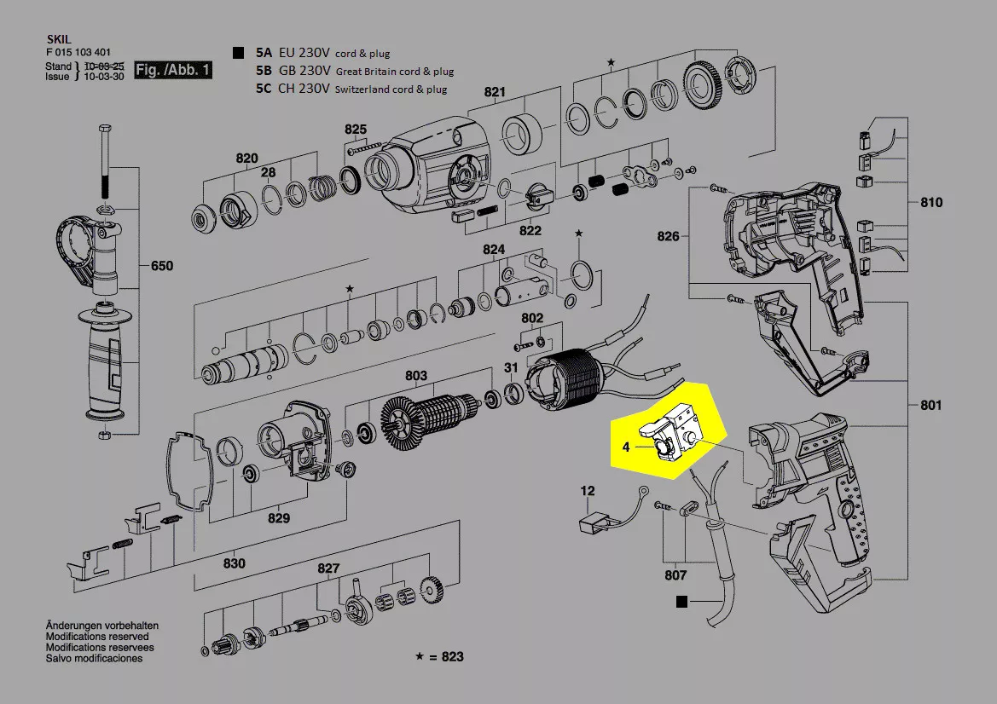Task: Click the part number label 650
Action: pyautogui.click(x=162, y=266)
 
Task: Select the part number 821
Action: pyautogui.click(x=495, y=92)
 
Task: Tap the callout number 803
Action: pyautogui.click(x=416, y=376)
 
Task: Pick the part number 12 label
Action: pyautogui.click(x=588, y=491)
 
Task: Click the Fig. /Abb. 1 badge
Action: pyautogui.click(x=173, y=70)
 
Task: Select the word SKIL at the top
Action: pyautogui.click(x=57, y=39)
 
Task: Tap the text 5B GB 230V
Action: pyautogui.click(x=295, y=71)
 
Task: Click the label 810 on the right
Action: pyautogui.click(x=931, y=203)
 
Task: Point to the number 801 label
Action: pyautogui.click(x=931, y=405)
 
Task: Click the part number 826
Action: pyautogui.click(x=669, y=236)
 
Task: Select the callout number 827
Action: pyautogui.click(x=329, y=568)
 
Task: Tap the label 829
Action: pyautogui.click(x=279, y=518)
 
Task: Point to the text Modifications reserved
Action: pyautogui.click(x=97, y=637)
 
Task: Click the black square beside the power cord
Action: pyautogui.click(x=680, y=601)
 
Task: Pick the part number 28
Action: pyautogui.click(x=269, y=173)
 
